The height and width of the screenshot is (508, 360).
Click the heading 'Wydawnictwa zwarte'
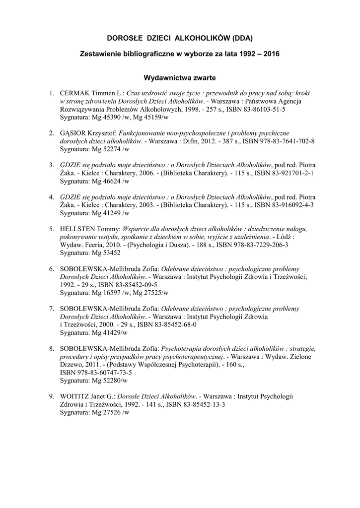pos(179,77)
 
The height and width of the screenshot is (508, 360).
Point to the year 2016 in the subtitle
pos(271,53)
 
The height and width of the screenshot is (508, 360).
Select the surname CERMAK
pos(74,93)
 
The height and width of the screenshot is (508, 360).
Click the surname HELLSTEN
pos(78,229)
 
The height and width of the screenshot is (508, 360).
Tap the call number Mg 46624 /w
pos(110,181)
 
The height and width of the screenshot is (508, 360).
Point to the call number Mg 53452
pos(107,253)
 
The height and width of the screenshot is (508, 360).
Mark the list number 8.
pos(51,349)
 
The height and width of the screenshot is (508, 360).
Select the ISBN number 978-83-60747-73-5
pos(96,373)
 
